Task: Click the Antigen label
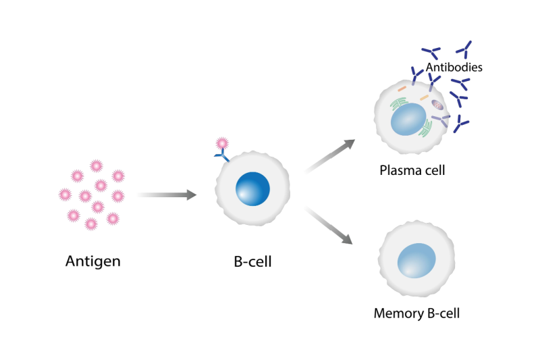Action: coord(93,261)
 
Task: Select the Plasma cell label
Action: coord(412,170)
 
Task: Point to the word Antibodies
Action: coord(454,68)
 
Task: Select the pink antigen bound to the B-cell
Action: coord(221,144)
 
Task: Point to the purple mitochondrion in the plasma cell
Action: coord(437,105)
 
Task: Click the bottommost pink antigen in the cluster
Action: coord(91,224)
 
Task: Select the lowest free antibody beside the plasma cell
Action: coord(461,124)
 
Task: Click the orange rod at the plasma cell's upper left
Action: coord(402,88)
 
